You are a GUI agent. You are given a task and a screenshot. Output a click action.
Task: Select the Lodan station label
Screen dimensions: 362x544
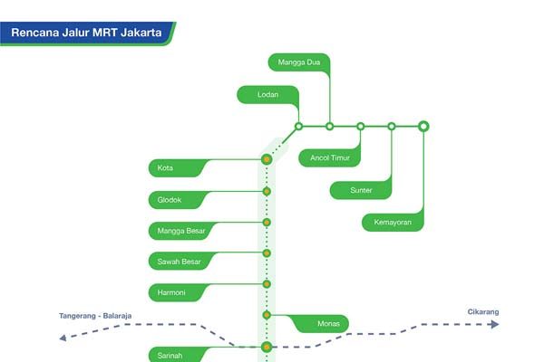click(267, 94)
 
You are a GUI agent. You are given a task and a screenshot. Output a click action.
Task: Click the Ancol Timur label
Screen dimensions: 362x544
click(329, 158)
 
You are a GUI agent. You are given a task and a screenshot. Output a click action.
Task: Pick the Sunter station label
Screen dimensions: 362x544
click(361, 190)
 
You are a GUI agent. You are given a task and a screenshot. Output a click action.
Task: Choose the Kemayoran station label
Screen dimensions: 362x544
click(392, 222)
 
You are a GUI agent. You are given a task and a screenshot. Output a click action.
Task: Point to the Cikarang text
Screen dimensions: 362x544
click(483, 312)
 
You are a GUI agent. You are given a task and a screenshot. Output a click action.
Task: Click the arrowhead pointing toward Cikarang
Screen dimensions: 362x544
click(494, 324)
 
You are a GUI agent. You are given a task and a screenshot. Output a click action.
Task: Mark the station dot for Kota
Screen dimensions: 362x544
click(267, 159)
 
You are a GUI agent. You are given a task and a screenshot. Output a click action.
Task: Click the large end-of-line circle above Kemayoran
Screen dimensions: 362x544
click(423, 126)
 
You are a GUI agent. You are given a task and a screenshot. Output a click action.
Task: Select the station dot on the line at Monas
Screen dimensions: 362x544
click(267, 315)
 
